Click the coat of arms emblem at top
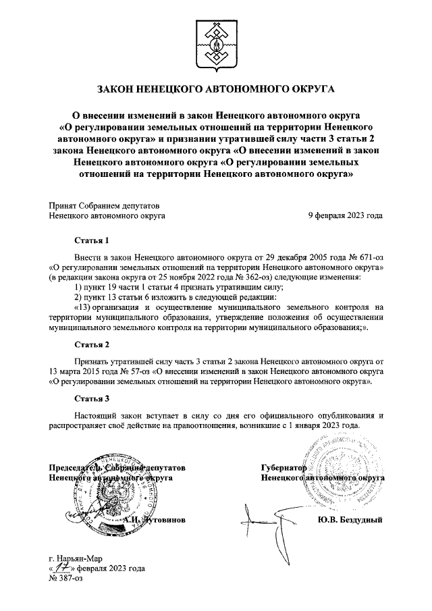pos(216,43)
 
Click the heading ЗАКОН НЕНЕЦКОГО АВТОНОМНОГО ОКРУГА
pos(216,88)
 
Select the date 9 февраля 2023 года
pos(345,216)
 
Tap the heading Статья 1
pos(91,240)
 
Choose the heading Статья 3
pos(91,398)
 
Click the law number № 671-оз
pos(363,257)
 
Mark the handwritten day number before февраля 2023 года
pos(66,568)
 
